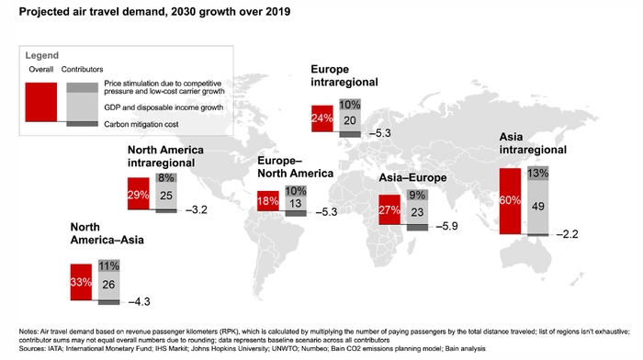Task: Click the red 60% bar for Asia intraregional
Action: (510, 201)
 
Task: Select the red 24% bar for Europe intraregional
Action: (322, 118)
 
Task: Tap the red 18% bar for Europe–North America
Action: (268, 201)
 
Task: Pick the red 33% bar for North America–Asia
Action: (81, 282)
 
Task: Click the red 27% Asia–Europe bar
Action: (389, 209)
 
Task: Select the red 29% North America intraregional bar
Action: (138, 194)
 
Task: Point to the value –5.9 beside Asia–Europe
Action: (447, 226)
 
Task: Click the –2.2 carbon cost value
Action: (568, 234)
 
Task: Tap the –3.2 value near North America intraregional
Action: (197, 210)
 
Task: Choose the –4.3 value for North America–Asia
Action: (140, 302)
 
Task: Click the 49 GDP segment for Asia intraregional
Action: (538, 207)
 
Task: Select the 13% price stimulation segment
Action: (538, 174)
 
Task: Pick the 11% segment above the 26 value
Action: (108, 266)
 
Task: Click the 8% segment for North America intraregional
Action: (166, 178)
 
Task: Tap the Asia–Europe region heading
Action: (412, 177)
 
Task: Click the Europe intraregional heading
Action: (344, 75)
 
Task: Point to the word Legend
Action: (42, 55)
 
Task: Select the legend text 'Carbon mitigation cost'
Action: (141, 124)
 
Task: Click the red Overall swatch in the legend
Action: (41, 102)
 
